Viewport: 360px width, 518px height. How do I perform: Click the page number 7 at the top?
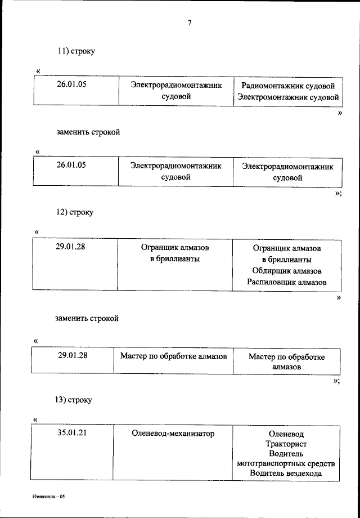(x=190, y=23)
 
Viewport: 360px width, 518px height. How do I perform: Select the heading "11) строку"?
(x=75, y=51)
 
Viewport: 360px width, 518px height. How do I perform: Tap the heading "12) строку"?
(x=74, y=212)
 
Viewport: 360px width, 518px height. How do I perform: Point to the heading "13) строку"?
(x=73, y=400)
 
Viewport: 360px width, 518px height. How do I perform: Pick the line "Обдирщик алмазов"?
(x=286, y=271)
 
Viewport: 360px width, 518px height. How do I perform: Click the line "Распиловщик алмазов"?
(x=286, y=282)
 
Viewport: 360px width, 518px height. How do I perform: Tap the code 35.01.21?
(x=71, y=433)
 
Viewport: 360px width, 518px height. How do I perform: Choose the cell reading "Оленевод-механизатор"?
(x=173, y=434)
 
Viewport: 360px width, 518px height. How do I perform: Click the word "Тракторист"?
(x=286, y=444)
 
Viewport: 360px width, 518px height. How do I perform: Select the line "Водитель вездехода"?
(x=286, y=474)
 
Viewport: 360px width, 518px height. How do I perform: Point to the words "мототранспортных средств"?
(x=286, y=463)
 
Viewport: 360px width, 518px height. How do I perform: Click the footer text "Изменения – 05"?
(x=48, y=497)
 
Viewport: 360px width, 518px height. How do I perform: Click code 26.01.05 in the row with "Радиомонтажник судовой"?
(x=71, y=85)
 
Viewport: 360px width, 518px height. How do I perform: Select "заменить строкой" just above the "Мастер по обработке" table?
(x=87, y=318)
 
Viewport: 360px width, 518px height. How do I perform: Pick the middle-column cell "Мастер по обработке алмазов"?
(x=174, y=356)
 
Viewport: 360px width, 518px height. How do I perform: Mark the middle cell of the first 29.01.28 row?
(x=175, y=253)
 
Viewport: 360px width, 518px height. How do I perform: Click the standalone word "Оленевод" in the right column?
(x=286, y=434)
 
